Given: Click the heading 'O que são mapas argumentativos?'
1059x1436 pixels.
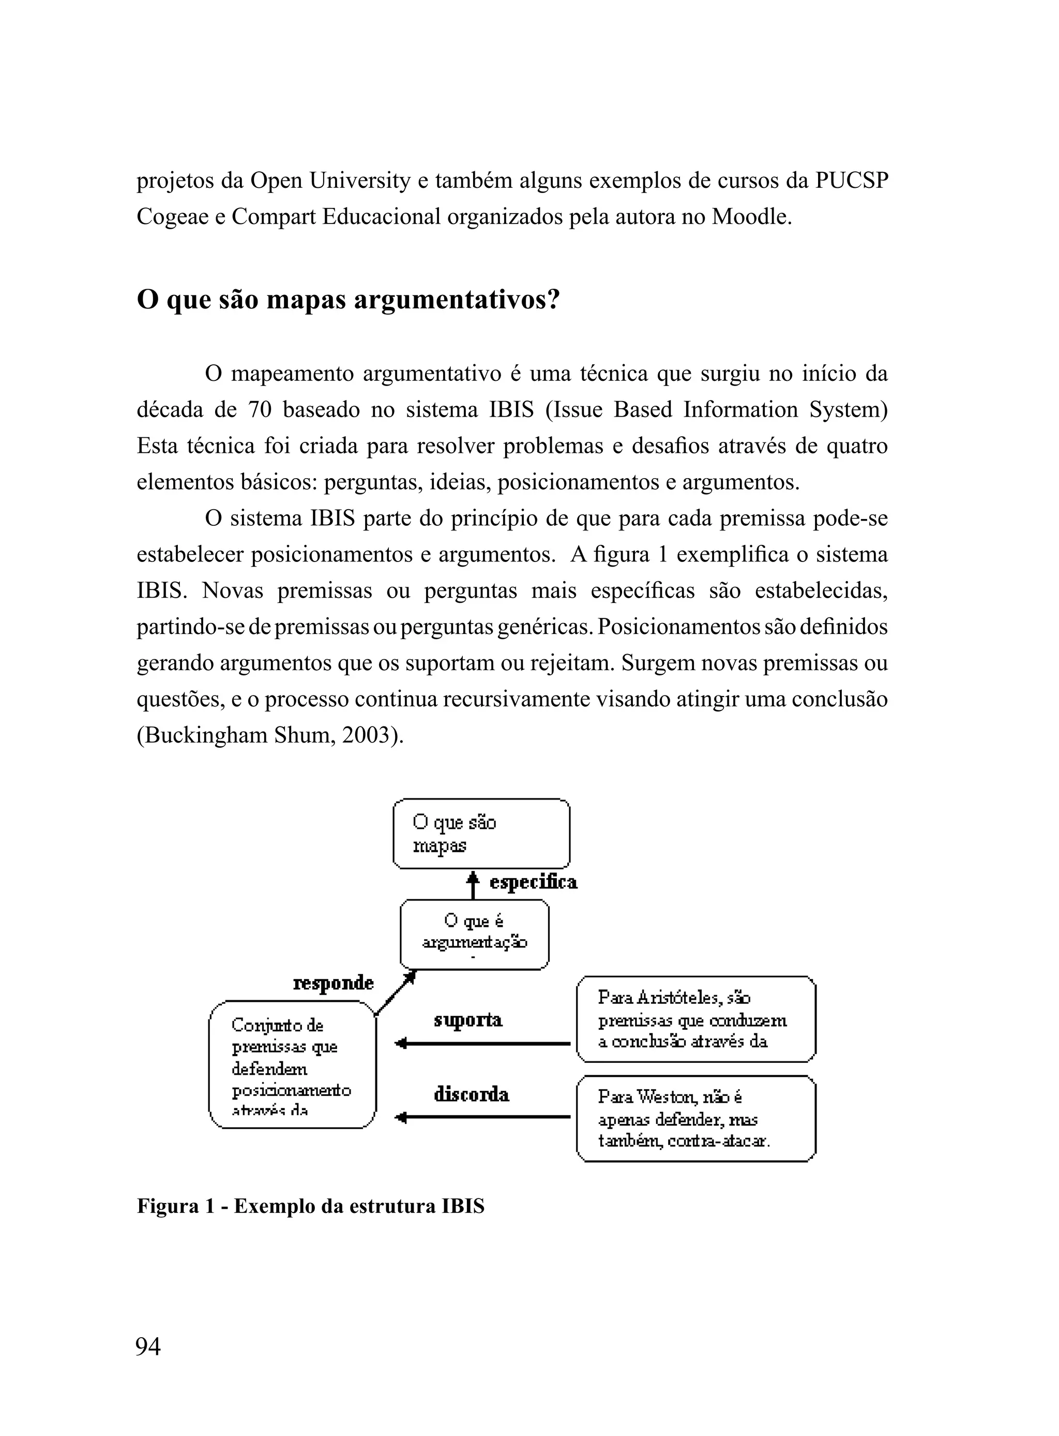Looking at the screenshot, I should tap(348, 300).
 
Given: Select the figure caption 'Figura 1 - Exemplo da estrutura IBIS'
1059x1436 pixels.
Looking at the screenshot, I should tap(310, 1206).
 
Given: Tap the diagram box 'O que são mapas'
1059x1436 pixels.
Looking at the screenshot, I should tap(481, 833).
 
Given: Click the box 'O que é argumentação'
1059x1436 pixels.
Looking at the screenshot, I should tap(474, 934).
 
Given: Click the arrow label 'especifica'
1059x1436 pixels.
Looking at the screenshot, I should tap(533, 882).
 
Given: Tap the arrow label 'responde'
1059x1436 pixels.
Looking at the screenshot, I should tap(334, 983).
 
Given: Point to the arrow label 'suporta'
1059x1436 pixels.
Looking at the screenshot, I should tap(468, 1020).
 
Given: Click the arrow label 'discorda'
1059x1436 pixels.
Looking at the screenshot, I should tap(471, 1093).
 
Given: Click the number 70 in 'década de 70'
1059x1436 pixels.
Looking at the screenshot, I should tap(260, 410).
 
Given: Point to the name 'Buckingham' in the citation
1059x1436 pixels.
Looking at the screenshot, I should tap(204, 735).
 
